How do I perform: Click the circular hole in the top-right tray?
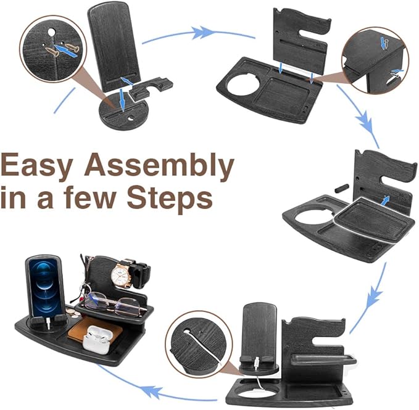(x=247, y=84)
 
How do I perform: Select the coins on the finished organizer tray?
(x=73, y=313)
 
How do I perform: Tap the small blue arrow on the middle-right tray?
(x=386, y=199)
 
